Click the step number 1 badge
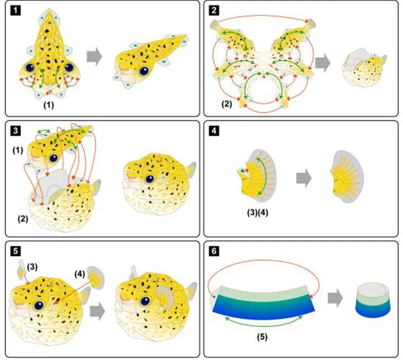pyautogui.click(x=16, y=11)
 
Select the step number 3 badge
pyautogui.click(x=16, y=131)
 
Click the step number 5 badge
pyautogui.click(x=16, y=251)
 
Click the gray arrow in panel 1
pyautogui.click(x=94, y=56)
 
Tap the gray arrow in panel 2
pyautogui.click(x=322, y=62)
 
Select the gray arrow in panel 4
pyautogui.click(x=304, y=178)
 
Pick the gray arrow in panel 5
pyautogui.click(x=98, y=312)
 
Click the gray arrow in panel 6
pyautogui.click(x=335, y=298)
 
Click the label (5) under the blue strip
pyautogui.click(x=262, y=337)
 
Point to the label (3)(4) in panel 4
pyautogui.click(x=257, y=213)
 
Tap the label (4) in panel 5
pyautogui.click(x=80, y=274)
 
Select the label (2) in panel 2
pyautogui.click(x=226, y=104)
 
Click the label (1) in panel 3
pyautogui.click(x=18, y=151)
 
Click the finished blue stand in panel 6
pyautogui.click(x=373, y=300)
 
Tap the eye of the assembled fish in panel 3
pyautogui.click(x=150, y=179)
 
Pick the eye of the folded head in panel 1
pyautogui.click(x=144, y=70)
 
